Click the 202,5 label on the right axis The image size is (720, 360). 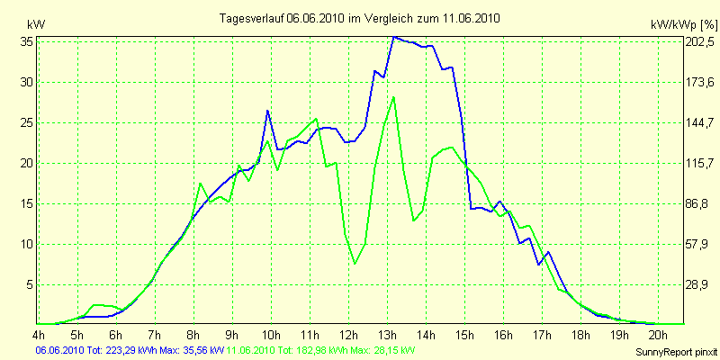click(x=699, y=41)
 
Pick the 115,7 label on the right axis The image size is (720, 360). click(x=699, y=163)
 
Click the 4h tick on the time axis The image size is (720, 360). click(x=39, y=335)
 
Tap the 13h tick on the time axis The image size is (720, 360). click(x=387, y=335)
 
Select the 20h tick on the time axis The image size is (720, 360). click(x=658, y=335)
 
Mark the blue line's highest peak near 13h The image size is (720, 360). click(x=394, y=37)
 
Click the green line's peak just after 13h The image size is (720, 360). click(x=394, y=97)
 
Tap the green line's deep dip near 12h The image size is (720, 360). click(x=355, y=263)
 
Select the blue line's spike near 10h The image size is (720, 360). click(x=268, y=111)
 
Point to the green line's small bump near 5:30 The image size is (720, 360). click(x=98, y=305)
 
